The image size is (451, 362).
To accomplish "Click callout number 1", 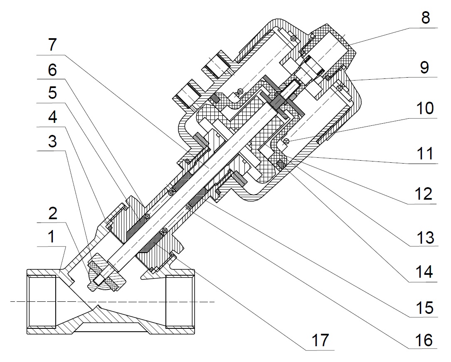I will click(51, 238).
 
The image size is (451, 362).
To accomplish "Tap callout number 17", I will click(320, 340).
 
